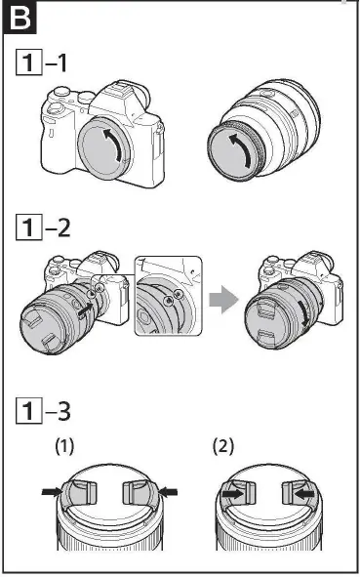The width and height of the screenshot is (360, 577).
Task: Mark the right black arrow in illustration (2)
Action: pyautogui.click(x=305, y=494)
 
